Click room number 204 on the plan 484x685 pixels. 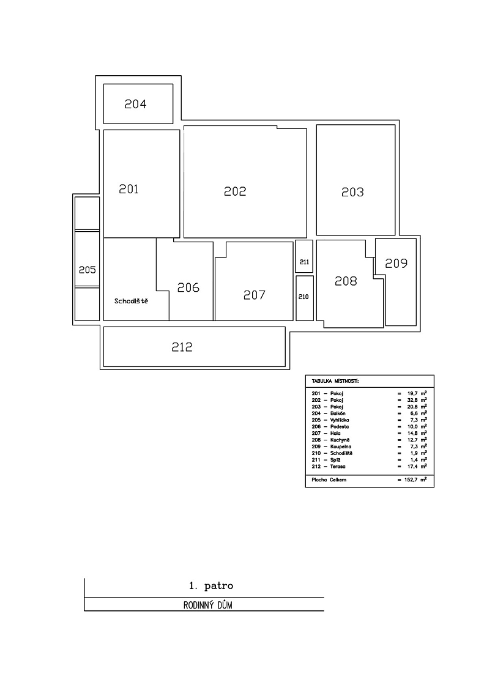pos(136,104)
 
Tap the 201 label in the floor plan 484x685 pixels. pos(128,189)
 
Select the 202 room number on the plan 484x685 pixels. pos(235,191)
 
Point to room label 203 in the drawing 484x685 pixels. pos(352,192)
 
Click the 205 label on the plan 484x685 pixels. pos(87,270)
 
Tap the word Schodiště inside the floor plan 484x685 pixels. pos(131,301)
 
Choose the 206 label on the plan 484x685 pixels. pos(188,287)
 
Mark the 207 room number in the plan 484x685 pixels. pos(255,295)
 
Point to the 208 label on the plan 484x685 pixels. pos(346,281)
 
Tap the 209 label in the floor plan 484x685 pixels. pos(396,264)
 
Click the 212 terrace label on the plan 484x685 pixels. pos(182,347)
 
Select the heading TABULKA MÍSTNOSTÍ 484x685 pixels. pos(335,382)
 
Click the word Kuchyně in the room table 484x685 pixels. pos(340,440)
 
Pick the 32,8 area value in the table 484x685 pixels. pos(412,400)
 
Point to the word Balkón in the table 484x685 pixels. pos(338,413)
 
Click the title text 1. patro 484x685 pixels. pos(211,586)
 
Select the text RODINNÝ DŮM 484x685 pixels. pos(207,605)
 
